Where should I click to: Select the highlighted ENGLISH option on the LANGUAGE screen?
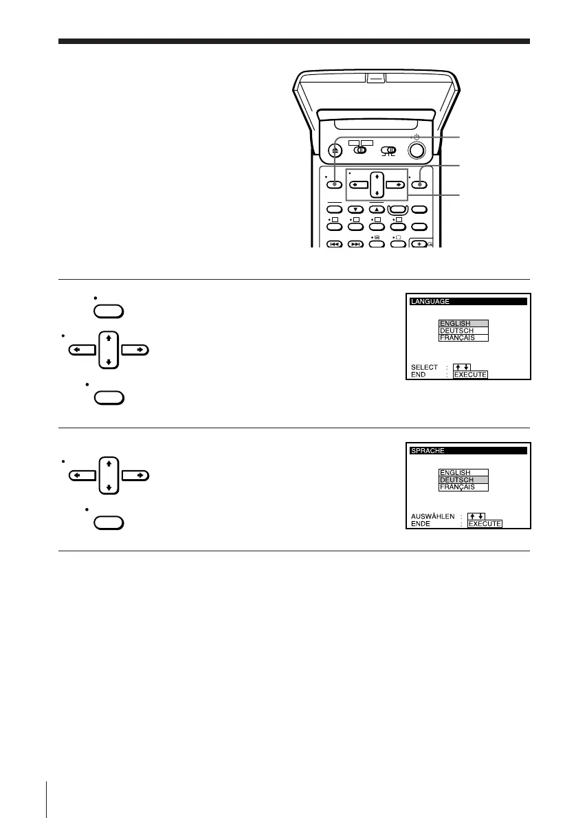point(463,324)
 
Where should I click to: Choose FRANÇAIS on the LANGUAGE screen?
point(463,338)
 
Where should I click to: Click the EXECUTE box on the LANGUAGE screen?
point(471,375)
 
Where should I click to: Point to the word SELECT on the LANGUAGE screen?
point(424,367)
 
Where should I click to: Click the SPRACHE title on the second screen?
point(428,450)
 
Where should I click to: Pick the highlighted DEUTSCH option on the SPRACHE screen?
point(463,480)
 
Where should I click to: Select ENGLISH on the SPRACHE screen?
point(463,473)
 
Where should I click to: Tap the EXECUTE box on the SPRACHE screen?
point(485,524)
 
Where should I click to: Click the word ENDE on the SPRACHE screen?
point(421,523)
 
